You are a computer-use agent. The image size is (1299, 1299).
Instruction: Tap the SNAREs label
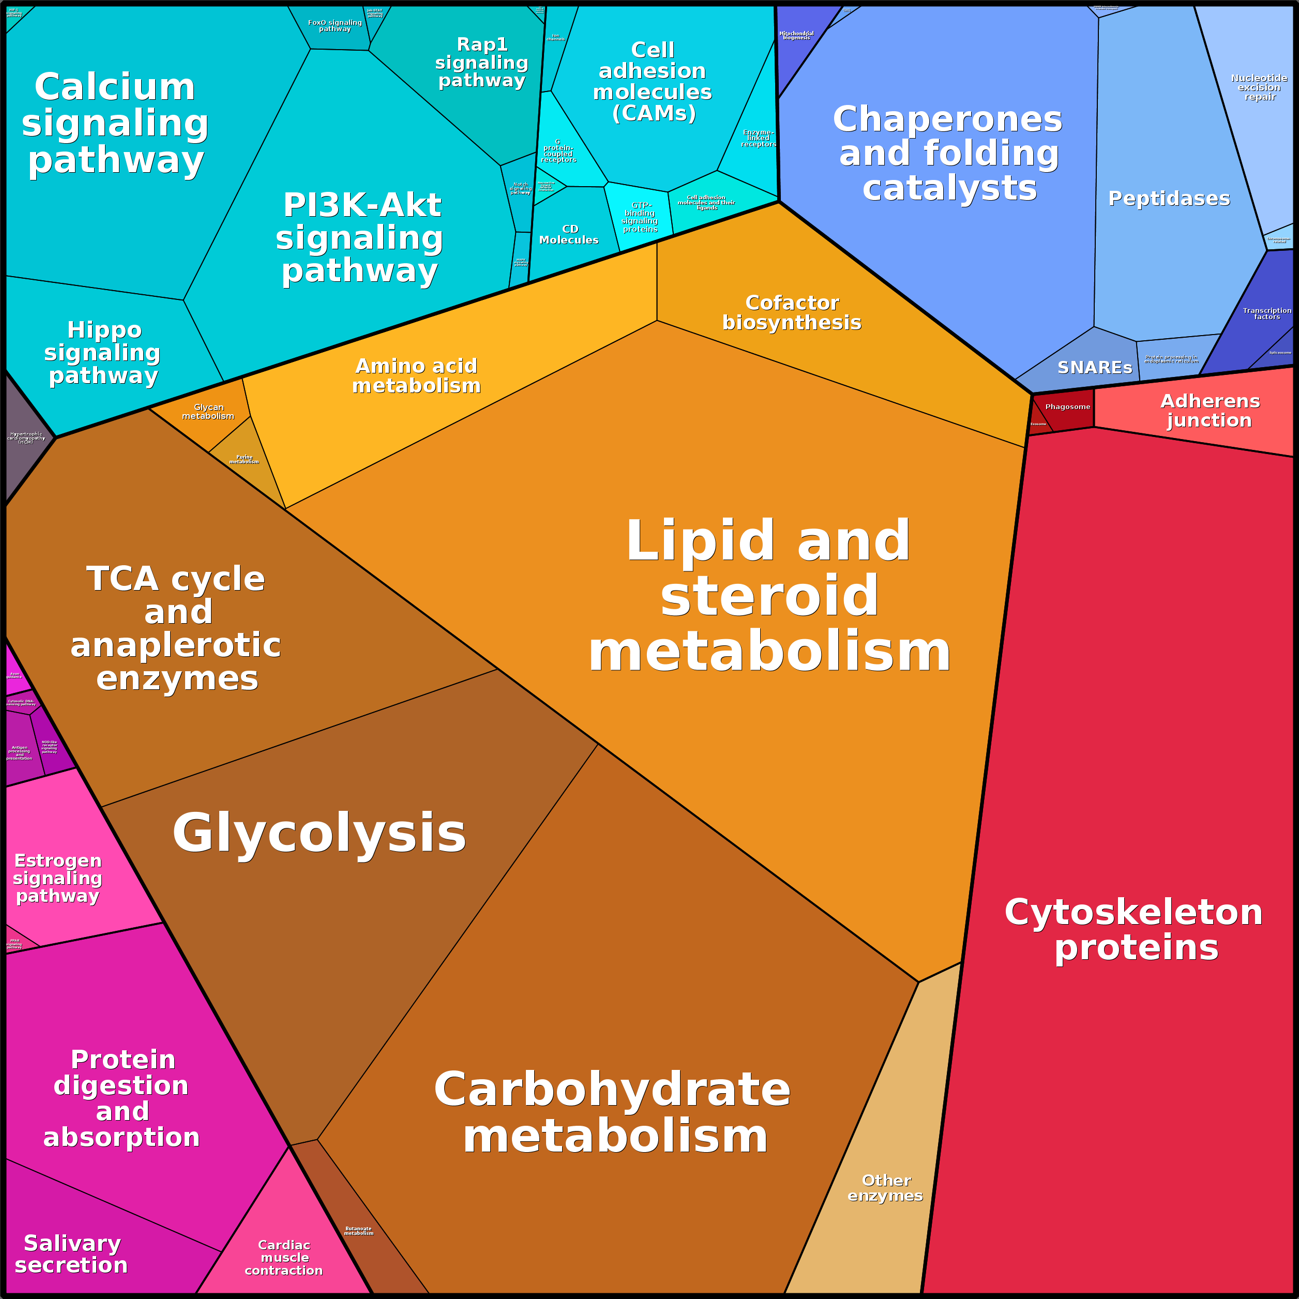[1095, 368]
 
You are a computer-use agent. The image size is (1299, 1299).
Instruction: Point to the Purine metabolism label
[244, 460]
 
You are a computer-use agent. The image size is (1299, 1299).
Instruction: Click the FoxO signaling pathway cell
[335, 27]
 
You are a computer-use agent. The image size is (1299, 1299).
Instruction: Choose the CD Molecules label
[569, 235]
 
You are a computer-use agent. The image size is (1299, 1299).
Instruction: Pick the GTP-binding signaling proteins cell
[639, 217]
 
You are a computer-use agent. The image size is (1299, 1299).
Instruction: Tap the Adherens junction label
[1210, 410]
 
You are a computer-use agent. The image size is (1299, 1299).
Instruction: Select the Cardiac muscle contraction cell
[284, 1257]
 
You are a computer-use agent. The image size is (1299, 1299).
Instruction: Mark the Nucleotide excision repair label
[1259, 87]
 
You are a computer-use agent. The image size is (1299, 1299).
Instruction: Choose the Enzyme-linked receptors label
[758, 138]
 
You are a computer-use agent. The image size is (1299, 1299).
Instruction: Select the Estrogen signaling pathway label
[58, 878]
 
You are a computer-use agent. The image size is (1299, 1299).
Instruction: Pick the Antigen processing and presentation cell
[20, 752]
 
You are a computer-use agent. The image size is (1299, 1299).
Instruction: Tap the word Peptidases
[1169, 199]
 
